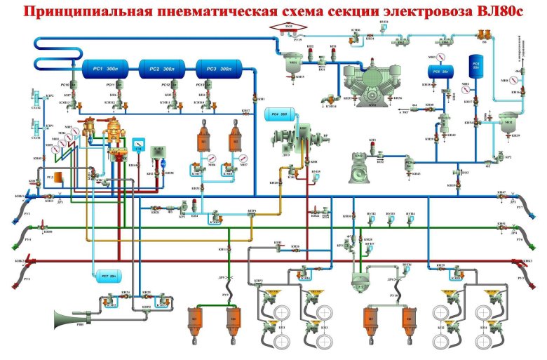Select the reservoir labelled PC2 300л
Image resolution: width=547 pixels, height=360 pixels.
click(160, 70)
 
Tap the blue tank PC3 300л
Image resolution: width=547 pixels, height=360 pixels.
click(217, 70)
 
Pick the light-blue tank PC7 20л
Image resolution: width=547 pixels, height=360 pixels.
click(108, 274)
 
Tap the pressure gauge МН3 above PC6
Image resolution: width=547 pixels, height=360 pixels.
click(441, 55)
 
